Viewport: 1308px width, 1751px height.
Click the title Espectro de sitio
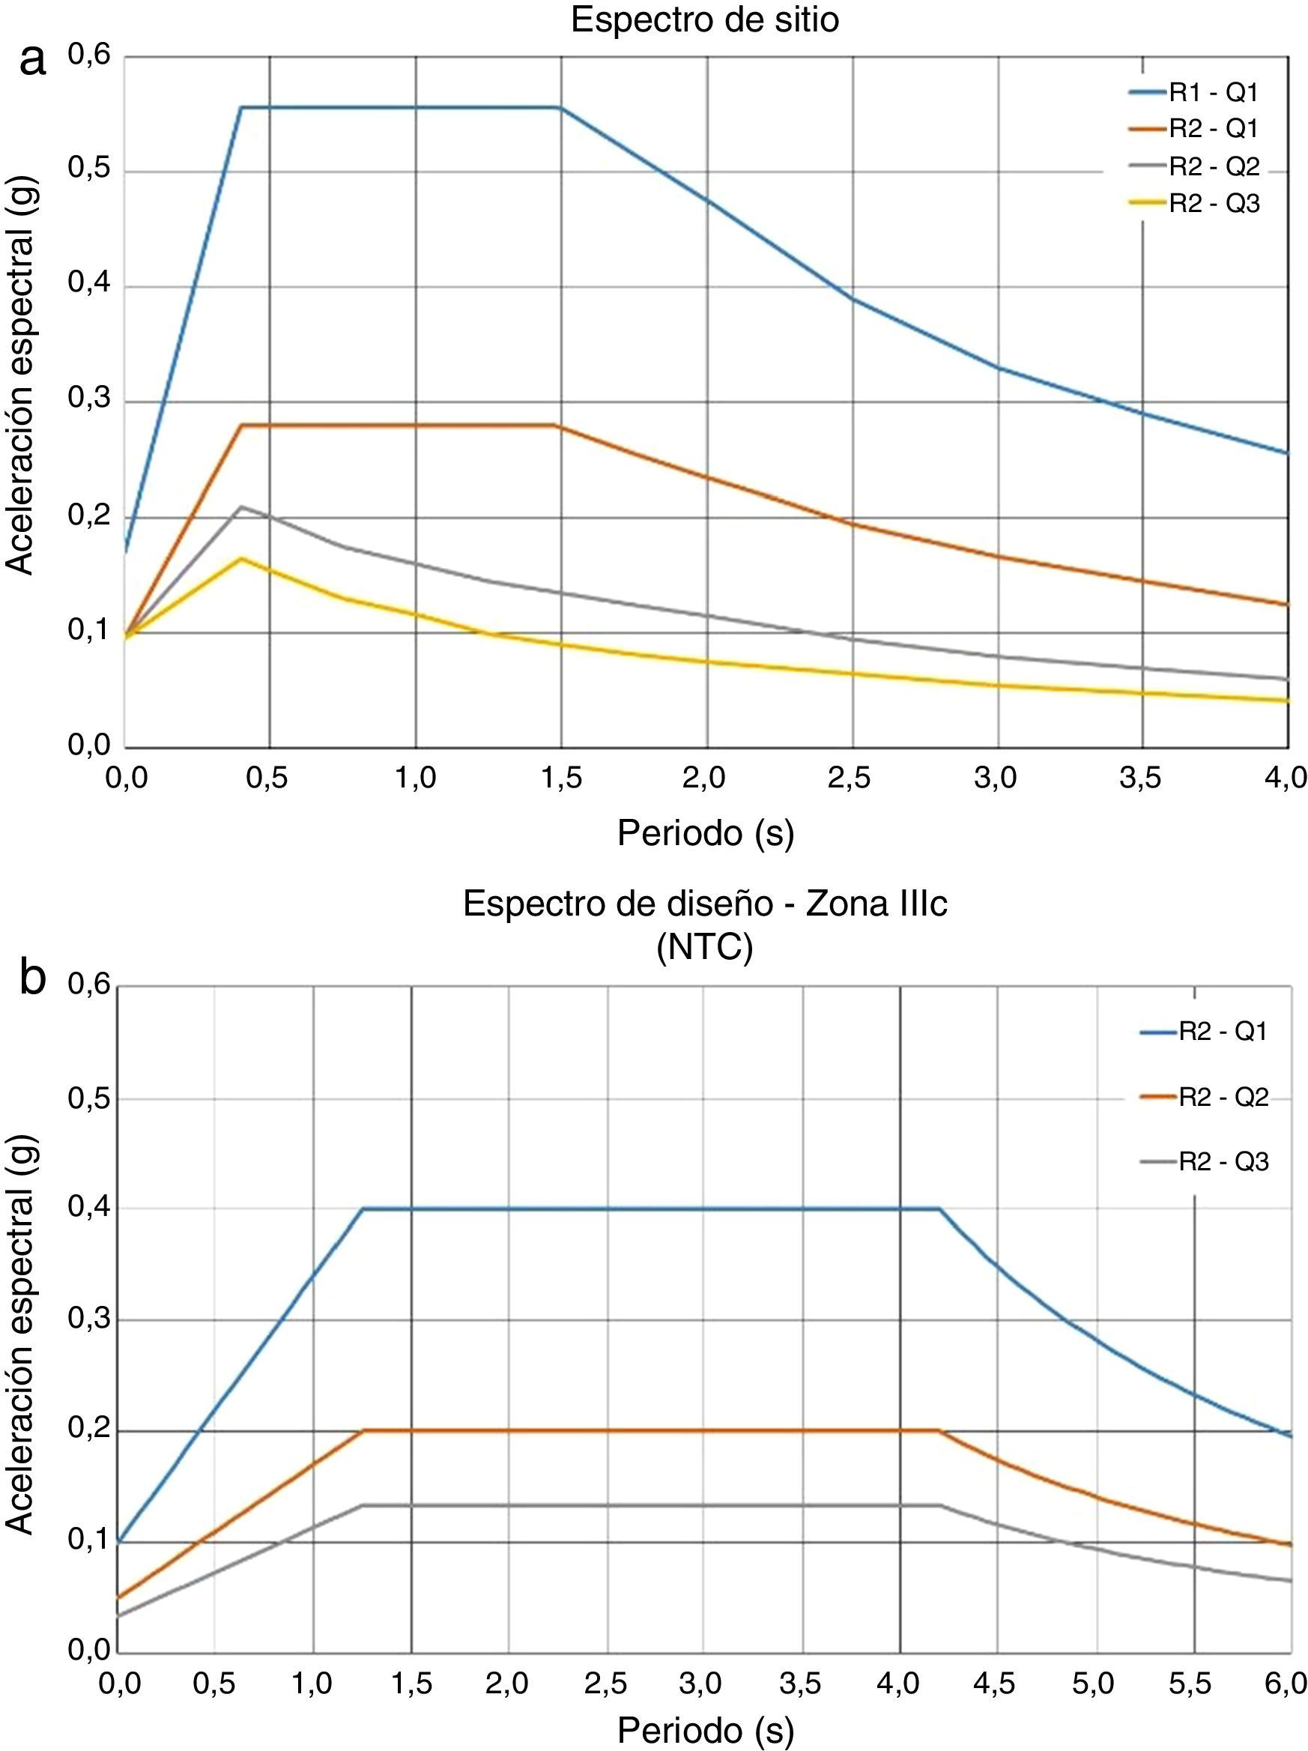tap(703, 19)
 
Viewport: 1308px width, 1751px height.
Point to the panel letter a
tap(32, 60)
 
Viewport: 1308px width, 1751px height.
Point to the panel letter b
tap(32, 978)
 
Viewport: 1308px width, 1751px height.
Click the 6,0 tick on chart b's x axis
tap(1285, 1683)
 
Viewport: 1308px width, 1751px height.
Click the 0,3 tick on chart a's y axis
tap(88, 400)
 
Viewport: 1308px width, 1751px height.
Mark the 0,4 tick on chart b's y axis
tap(88, 1209)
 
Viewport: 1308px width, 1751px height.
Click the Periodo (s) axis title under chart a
tap(705, 832)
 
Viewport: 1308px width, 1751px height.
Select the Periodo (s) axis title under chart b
tap(705, 1731)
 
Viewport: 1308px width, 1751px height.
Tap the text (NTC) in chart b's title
tap(703, 947)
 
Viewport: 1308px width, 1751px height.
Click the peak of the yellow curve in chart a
tap(241, 559)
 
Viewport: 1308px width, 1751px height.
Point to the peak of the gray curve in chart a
tap(241, 506)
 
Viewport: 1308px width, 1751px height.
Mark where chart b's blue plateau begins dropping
tap(939, 1209)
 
